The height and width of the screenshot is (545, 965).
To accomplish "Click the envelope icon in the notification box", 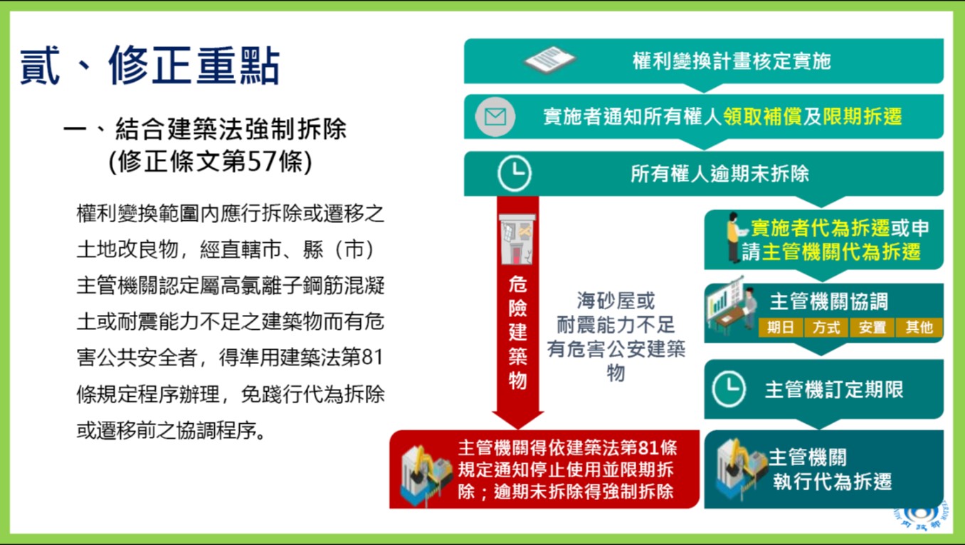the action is tap(495, 117).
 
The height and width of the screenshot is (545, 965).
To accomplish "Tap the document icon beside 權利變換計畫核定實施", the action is tap(550, 60).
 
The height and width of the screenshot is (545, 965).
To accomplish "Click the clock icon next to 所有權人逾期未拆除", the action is tap(515, 173).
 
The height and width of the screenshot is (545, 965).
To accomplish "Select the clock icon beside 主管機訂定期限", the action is tap(729, 389).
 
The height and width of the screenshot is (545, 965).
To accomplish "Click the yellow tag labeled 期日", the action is tap(781, 327).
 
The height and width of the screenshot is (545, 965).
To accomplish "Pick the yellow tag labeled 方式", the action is tap(826, 327).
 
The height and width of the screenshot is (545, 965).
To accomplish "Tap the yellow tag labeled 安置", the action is tap(872, 327).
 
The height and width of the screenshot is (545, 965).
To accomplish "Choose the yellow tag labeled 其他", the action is tap(919, 327).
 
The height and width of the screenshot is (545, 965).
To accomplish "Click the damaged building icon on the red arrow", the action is tap(517, 239).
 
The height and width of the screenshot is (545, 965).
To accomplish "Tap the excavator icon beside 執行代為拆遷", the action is tap(741, 468).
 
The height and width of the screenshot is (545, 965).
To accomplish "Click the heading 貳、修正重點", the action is tap(150, 66).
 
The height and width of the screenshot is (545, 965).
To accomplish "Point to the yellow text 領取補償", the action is tap(762, 116).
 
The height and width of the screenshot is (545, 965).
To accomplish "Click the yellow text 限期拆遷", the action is tap(863, 116).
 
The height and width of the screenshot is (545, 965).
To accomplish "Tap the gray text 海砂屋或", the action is tap(616, 301).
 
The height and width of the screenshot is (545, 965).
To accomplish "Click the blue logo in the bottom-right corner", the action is tap(920, 516).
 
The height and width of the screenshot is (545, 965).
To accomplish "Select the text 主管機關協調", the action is tap(829, 301).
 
